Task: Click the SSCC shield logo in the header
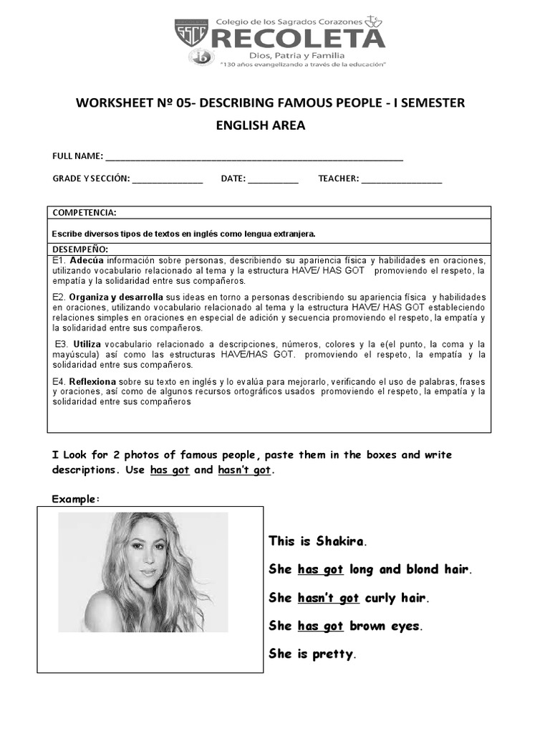192,34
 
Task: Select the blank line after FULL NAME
254,158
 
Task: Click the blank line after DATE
274,180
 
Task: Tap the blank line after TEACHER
402,180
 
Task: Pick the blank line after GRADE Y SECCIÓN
167,180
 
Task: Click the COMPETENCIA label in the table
84,213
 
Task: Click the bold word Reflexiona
94,381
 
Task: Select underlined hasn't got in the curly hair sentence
328,598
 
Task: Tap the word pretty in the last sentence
333,654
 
